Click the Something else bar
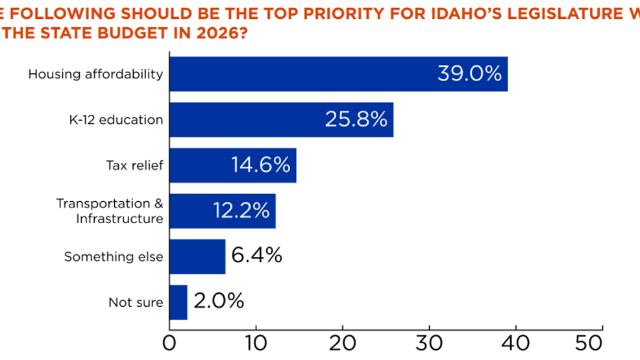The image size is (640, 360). (197, 257)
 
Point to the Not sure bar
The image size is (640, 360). (178, 302)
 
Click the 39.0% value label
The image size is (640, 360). (469, 73)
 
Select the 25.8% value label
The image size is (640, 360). (356, 119)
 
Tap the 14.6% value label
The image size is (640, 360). (260, 165)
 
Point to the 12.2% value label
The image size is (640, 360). (241, 211)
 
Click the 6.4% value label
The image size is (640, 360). (256, 256)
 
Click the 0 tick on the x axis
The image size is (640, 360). (169, 342)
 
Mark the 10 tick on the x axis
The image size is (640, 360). (256, 342)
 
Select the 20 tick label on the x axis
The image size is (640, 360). (342, 342)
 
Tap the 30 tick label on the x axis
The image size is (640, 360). (429, 342)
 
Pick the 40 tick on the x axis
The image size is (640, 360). (516, 342)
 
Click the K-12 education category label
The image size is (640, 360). (116, 120)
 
